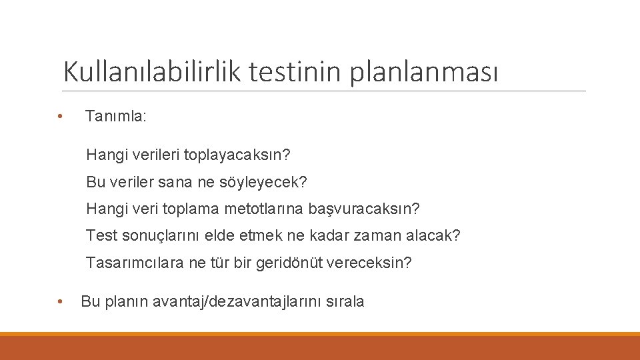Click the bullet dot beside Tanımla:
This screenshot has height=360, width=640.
point(60,116)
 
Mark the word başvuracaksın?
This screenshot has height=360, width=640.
point(364,209)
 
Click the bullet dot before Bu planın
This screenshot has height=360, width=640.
point(60,302)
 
